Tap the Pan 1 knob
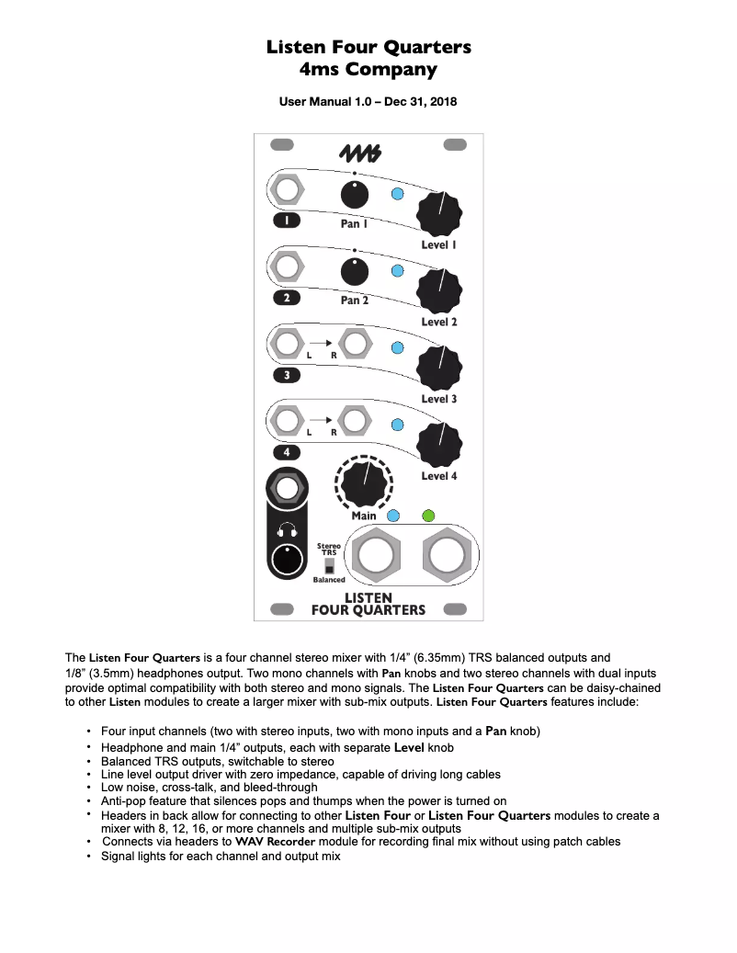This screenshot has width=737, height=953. coord(355,196)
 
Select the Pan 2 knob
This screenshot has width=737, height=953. coord(355,272)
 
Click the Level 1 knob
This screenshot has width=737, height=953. coord(438,214)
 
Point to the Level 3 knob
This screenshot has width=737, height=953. coord(438,368)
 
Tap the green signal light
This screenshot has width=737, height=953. coord(428,516)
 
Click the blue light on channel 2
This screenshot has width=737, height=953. coord(398,271)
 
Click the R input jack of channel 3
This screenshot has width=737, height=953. coord(353,345)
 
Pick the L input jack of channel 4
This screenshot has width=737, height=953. coord(288,422)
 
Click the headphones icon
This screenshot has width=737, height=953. coord(288,529)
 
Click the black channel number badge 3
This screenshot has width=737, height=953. coord(288,375)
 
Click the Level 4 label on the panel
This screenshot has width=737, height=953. coord(438,476)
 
